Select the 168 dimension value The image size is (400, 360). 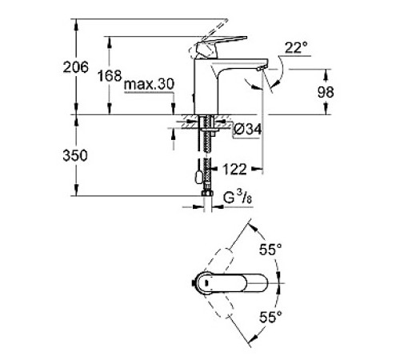(110, 76)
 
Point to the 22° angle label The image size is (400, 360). (295, 50)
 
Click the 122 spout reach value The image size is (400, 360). (234, 169)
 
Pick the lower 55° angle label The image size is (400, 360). (271, 318)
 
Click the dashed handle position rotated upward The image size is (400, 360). (229, 254)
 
